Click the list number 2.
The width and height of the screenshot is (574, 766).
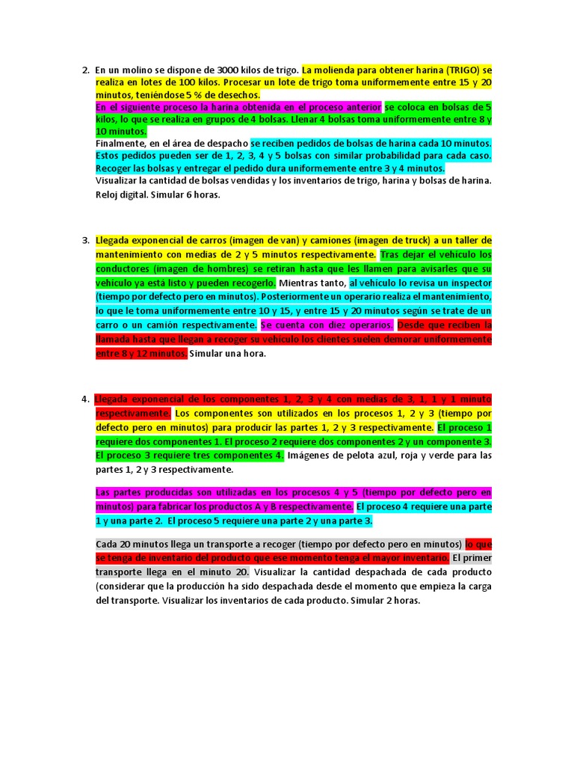point(84,70)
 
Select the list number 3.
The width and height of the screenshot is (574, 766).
point(84,240)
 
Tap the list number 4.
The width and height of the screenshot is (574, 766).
point(84,399)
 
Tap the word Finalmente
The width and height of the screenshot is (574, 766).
point(122,144)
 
